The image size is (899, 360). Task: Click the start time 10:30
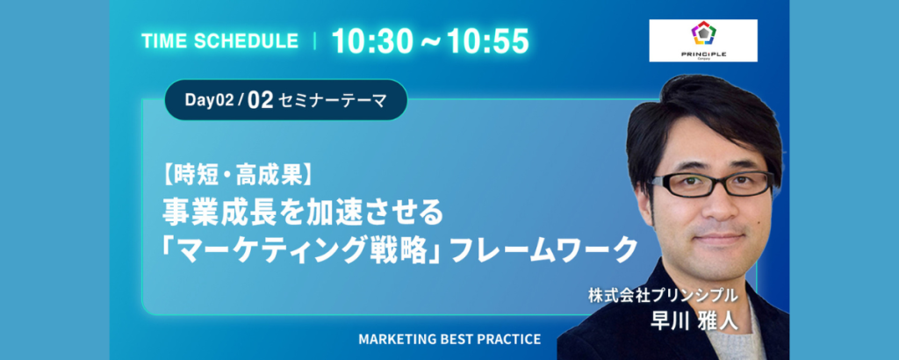[370, 41]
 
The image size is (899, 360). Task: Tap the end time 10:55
[488, 41]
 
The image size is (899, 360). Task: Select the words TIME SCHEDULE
[219, 41]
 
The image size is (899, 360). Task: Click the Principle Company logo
[703, 40]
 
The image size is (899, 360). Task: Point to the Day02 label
[209, 100]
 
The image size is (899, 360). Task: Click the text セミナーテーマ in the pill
[332, 101]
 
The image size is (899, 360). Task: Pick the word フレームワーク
[541, 249]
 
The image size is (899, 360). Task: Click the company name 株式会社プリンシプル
[662, 296]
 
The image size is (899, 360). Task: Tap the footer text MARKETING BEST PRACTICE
[449, 339]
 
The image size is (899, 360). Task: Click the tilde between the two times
[428, 42]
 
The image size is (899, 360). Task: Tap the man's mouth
[721, 236]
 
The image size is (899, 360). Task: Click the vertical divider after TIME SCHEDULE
[315, 41]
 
